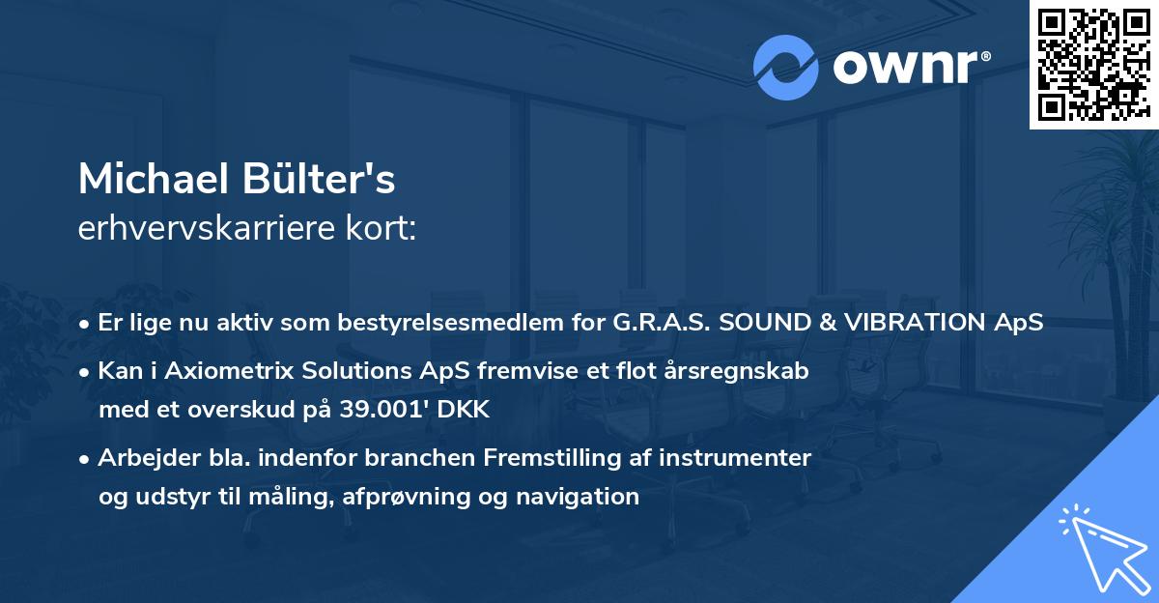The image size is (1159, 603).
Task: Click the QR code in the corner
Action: (1093, 65)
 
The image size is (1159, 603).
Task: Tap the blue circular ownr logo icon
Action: (785, 68)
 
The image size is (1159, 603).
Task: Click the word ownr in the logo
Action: (906, 67)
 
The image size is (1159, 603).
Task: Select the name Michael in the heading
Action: (154, 179)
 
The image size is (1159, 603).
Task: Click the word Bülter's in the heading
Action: (318, 179)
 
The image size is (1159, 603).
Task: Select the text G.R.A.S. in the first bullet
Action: (662, 323)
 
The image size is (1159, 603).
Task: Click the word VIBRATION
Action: (915, 323)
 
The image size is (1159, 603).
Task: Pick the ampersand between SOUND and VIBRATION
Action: (829, 323)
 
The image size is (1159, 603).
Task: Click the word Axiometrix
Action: (229, 371)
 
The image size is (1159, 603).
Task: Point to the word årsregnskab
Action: (736, 372)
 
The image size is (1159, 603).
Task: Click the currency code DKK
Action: (463, 410)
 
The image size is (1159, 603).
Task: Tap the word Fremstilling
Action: (552, 458)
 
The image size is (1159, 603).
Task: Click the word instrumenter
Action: (735, 458)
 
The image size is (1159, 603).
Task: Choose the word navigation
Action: (578, 497)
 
